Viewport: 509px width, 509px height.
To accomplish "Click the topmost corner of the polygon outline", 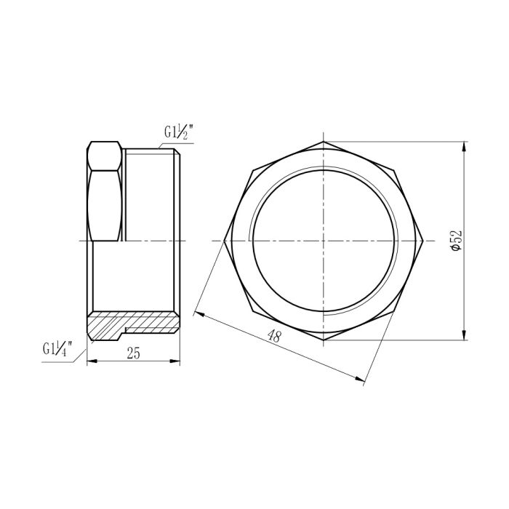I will click(x=323, y=140).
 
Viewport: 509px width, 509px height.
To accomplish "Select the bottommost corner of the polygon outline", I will click(x=323, y=340).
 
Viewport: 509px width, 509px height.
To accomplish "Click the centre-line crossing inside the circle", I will click(x=323, y=240).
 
